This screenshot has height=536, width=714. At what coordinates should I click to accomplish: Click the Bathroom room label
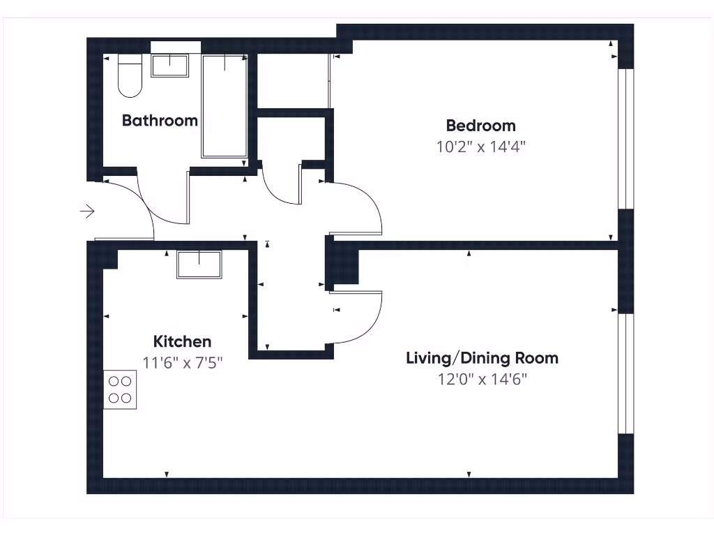click(160, 120)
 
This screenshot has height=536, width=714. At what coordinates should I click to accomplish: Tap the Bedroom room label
click(480, 126)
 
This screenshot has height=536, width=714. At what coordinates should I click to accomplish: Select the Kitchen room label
click(182, 341)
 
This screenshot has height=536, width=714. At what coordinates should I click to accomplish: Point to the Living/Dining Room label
click(482, 358)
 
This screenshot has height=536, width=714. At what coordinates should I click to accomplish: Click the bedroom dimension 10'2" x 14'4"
click(480, 147)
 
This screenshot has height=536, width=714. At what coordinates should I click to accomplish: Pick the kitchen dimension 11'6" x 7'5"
click(182, 362)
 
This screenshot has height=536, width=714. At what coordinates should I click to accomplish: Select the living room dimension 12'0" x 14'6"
click(482, 379)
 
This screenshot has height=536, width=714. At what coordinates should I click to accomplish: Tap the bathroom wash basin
click(170, 66)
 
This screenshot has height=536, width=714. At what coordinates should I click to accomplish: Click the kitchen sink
click(199, 265)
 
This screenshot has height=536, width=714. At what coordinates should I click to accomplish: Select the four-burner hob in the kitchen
click(120, 389)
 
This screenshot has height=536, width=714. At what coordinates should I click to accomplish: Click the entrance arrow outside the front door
click(88, 211)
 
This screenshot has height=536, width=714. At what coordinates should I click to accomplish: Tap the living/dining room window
click(626, 373)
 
